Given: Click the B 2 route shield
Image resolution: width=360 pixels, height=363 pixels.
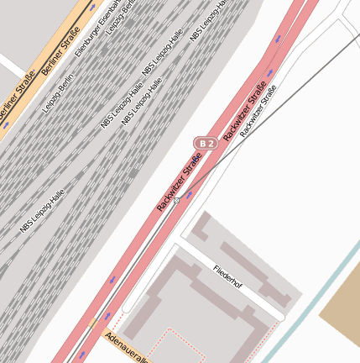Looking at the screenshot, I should pos(206,144).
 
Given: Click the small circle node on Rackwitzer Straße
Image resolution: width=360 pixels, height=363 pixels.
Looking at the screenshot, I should pos(176,202).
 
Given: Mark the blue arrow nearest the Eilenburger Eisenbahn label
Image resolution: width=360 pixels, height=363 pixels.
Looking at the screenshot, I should pos(91,5).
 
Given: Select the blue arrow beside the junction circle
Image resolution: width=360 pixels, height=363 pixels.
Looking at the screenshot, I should pos(189,195).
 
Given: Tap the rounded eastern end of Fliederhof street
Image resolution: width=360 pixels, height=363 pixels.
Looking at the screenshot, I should pos(281,318).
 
